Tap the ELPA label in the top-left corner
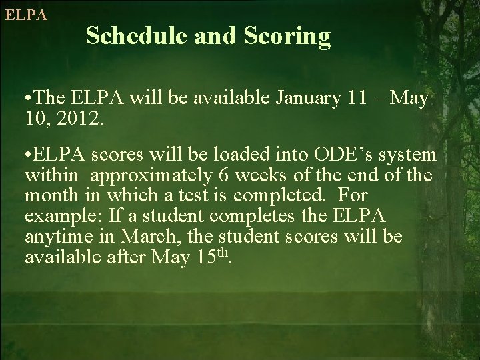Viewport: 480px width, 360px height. [x=26, y=15]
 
